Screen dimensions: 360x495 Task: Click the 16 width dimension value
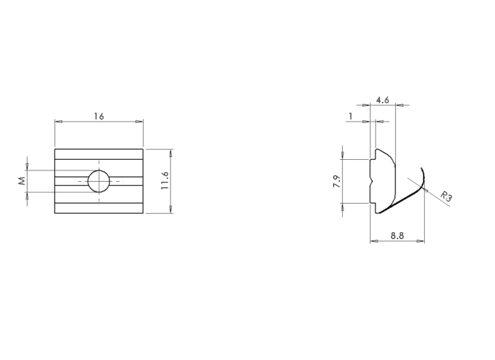[x=98, y=115]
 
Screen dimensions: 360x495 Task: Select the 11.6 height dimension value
[x=165, y=181]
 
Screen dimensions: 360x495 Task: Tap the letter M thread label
[x=22, y=181]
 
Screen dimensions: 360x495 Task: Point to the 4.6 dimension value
[x=383, y=100]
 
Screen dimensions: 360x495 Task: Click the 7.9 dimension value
[x=337, y=182]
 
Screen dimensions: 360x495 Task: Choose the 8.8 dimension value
[x=397, y=236]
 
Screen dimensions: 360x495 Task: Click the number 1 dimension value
[x=351, y=116]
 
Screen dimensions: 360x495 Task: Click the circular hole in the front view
[x=99, y=182]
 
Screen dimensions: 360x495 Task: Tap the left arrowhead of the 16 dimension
[x=58, y=122]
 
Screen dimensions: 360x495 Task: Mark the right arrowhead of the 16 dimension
[x=139, y=122]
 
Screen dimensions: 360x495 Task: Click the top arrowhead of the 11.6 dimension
[x=171, y=152]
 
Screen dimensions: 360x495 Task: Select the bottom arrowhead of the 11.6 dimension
[x=171, y=210]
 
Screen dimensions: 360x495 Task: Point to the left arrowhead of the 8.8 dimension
[x=373, y=242]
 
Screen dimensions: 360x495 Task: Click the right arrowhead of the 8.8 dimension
[x=421, y=242]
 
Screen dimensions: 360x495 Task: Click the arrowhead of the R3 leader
[x=426, y=187]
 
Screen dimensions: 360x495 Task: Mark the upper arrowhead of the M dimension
[x=28, y=167]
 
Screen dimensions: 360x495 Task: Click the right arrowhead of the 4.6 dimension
[x=399, y=105]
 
